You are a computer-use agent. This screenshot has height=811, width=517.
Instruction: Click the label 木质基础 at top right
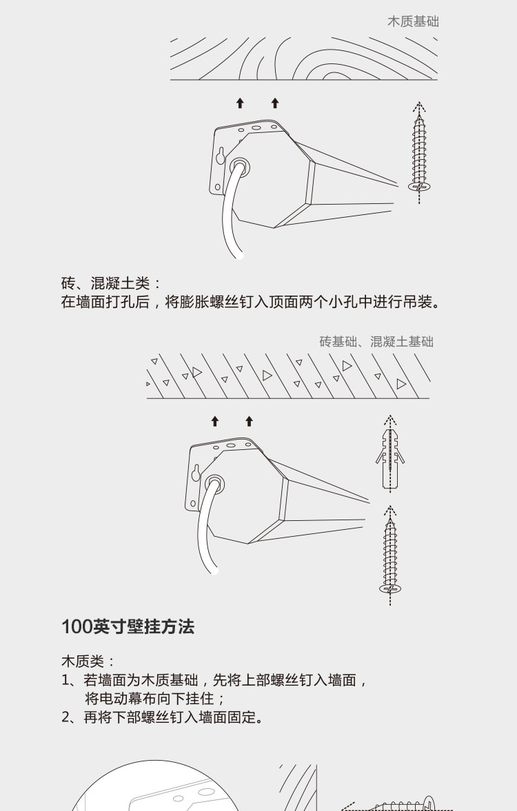coord(413,21)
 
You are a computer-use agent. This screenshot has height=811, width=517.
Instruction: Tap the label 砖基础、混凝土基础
coord(376,341)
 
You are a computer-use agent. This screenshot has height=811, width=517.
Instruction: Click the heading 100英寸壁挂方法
coord(128,627)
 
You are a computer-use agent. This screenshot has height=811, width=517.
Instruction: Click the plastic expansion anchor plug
coord(389,458)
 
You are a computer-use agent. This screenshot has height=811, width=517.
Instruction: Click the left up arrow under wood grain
coord(240,103)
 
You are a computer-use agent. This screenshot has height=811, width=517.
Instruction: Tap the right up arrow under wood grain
coord(275,103)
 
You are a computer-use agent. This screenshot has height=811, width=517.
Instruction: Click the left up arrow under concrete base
coord(215,421)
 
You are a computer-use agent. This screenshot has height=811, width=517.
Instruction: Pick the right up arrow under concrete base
coord(249,421)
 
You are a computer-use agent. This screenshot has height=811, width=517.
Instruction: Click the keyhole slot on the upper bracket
coord(221,155)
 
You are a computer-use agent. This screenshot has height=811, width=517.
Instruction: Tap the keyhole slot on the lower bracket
coord(196,473)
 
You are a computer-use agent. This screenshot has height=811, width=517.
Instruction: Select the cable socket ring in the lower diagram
coord(215,484)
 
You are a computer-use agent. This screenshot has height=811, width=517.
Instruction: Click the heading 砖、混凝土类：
coord(112,283)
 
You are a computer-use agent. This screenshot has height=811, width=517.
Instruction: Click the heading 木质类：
coord(88,661)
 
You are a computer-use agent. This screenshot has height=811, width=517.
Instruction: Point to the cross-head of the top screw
coord(419,185)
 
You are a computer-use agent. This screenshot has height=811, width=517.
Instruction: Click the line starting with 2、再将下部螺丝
coord(162,717)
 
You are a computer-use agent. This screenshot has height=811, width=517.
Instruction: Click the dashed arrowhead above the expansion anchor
coord(390,418)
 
